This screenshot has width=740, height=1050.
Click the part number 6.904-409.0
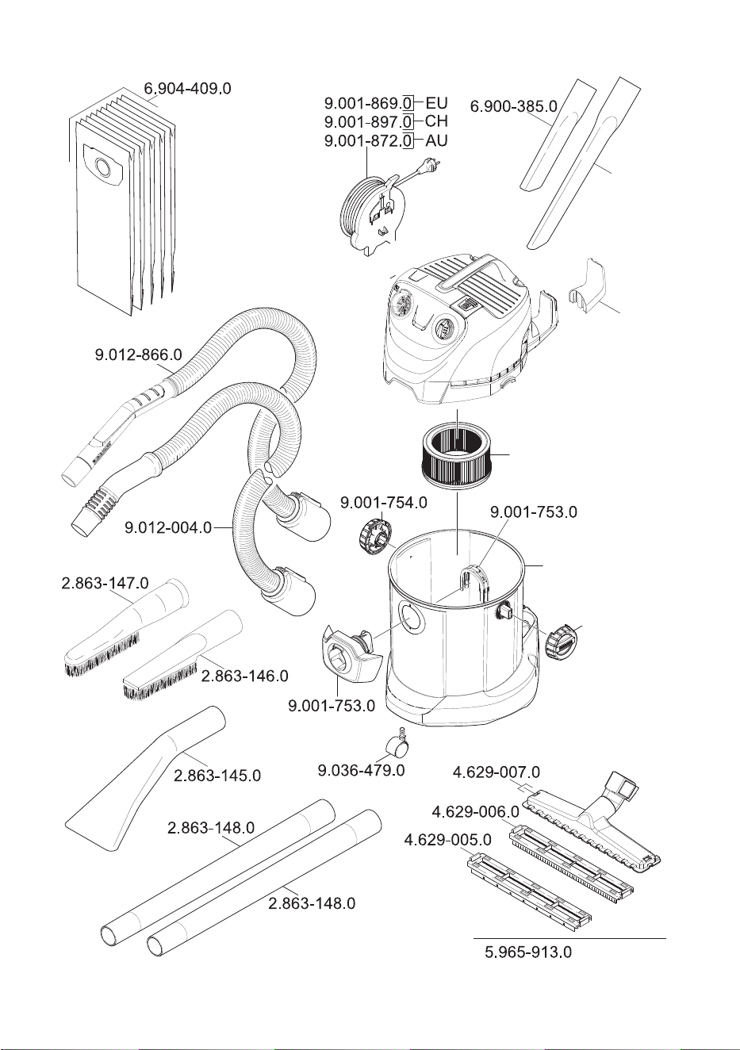point(187,89)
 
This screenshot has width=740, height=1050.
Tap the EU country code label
point(436,102)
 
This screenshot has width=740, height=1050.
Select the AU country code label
point(436,140)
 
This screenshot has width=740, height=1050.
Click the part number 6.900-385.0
point(514,107)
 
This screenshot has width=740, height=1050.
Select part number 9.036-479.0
point(361,770)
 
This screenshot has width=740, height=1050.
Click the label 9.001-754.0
point(384,503)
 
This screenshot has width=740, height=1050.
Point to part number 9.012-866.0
point(138,354)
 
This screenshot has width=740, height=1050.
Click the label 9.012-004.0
point(168,528)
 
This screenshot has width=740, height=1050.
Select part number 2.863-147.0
point(105,583)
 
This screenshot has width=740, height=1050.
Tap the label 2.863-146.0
point(245,676)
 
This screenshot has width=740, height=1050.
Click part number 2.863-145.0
point(217,776)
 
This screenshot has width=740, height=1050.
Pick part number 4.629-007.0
point(497,772)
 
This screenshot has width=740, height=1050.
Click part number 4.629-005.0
point(448,840)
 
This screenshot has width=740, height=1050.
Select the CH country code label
point(436,121)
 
